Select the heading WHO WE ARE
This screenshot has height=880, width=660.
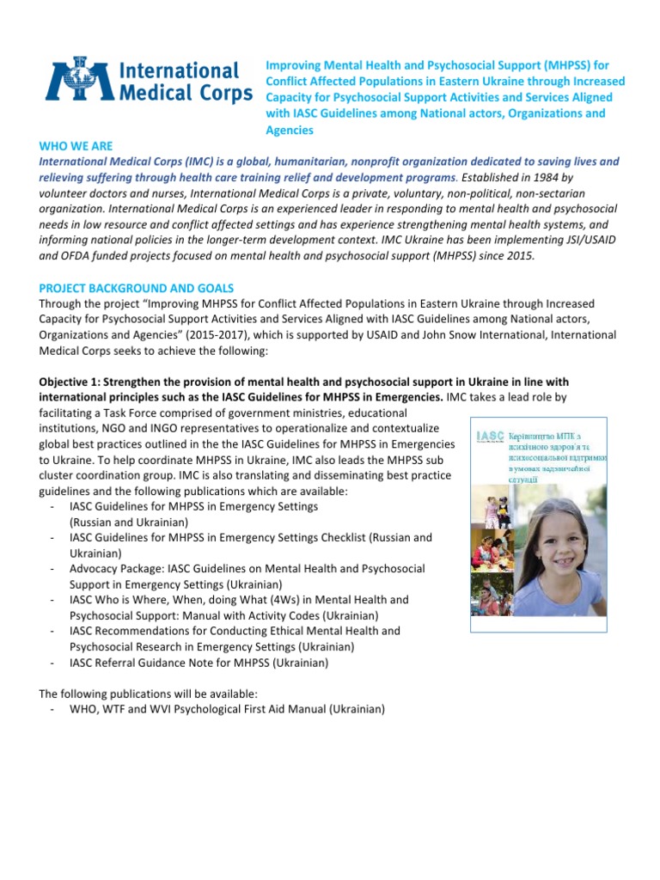[76, 146]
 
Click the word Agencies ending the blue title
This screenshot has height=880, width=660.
[290, 130]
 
